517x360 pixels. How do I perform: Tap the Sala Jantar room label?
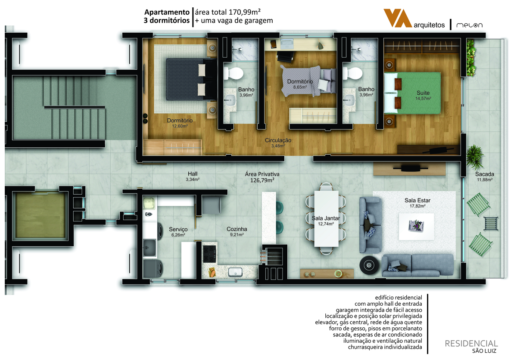pyautogui.click(x=326, y=221)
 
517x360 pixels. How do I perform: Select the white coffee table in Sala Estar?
pyautogui.click(x=416, y=226)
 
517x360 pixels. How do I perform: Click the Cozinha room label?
pyautogui.click(x=237, y=231)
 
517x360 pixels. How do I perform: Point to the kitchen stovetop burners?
pyautogui.click(x=209, y=254)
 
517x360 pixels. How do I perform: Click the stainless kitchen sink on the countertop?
pyautogui.click(x=235, y=272)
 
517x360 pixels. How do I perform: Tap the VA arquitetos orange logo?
pyautogui.click(x=397, y=18)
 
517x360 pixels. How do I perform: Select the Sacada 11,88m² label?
pyautogui.click(x=484, y=177)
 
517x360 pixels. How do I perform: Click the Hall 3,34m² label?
pyautogui.click(x=193, y=176)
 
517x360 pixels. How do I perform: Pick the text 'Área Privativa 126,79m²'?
pyautogui.click(x=262, y=177)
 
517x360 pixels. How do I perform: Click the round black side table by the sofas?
pyautogui.click(x=369, y=265)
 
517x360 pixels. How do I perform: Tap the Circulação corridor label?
pyautogui.click(x=278, y=143)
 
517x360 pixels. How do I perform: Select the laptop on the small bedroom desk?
pyautogui.click(x=287, y=44)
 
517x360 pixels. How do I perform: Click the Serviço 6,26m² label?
pyautogui.click(x=178, y=232)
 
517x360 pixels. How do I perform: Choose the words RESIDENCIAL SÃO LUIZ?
pyautogui.click(x=471, y=346)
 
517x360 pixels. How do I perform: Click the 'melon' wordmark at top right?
pyautogui.click(x=469, y=25)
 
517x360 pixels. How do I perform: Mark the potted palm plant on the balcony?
pyautogui.click(x=474, y=157)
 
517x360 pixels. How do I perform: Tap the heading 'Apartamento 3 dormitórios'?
pyautogui.click(x=167, y=16)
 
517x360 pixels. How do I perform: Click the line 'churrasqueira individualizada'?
pyautogui.click(x=385, y=347)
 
